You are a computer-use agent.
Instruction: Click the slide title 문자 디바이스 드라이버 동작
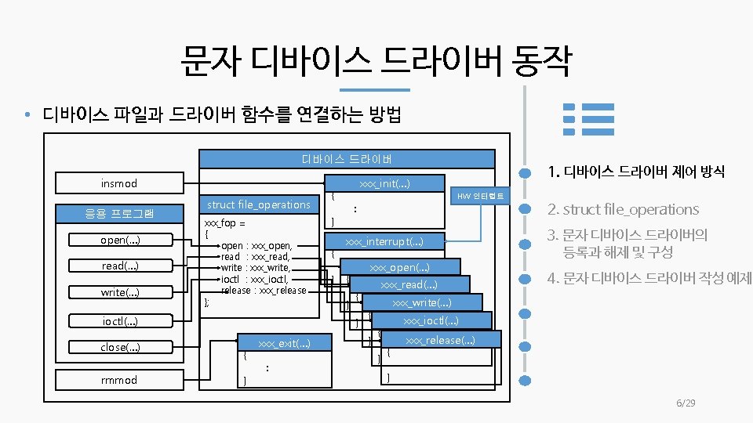tap(376, 62)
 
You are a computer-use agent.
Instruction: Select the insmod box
tap(118, 183)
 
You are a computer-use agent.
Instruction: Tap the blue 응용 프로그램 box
tap(118, 213)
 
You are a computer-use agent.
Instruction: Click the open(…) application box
tap(118, 239)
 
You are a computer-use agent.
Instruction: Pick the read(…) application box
tap(118, 266)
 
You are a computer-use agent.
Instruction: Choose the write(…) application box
tap(118, 292)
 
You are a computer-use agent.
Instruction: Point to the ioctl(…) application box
tap(118, 320)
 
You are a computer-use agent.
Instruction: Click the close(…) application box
tap(118, 347)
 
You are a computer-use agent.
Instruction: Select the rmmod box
tap(118, 380)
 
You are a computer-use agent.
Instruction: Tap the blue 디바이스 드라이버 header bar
tap(347, 159)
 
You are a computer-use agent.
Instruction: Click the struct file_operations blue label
tap(259, 204)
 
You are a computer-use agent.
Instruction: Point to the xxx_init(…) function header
tap(384, 183)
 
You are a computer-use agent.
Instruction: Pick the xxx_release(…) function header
tap(439, 339)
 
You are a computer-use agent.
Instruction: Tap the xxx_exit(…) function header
tap(283, 343)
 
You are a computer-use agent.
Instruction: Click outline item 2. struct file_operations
tap(623, 209)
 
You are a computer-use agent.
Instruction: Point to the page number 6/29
tap(686, 403)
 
